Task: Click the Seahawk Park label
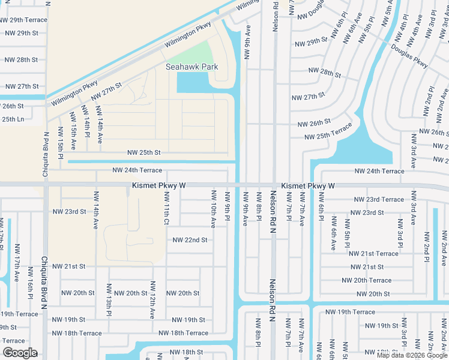click(x=191, y=67)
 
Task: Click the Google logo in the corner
click(x=19, y=353)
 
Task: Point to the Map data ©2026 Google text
click(x=412, y=355)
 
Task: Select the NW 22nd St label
click(x=190, y=240)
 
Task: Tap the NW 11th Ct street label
click(x=166, y=213)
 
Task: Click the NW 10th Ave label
click(x=213, y=209)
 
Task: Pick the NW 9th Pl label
click(x=228, y=205)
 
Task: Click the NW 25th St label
click(x=143, y=152)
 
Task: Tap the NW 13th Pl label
click(x=109, y=299)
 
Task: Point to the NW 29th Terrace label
click(x=24, y=20)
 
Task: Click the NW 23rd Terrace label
click(x=379, y=199)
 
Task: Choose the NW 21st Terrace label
click(x=373, y=254)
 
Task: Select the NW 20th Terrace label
click(x=366, y=280)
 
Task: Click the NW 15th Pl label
click(x=61, y=143)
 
